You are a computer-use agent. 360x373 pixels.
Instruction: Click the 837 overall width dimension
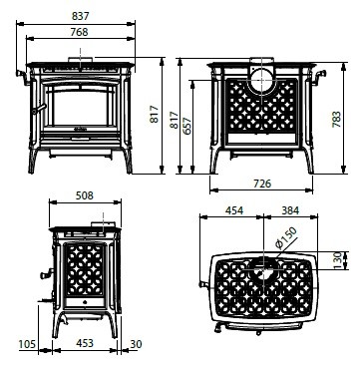[81, 16]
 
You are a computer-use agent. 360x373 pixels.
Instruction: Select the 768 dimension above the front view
[80, 32]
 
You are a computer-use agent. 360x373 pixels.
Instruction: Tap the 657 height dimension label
[187, 126]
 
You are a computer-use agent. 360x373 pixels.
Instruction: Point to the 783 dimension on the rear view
[336, 119]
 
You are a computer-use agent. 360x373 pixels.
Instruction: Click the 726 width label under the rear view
[262, 184]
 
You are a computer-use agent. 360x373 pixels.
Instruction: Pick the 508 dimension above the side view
[85, 195]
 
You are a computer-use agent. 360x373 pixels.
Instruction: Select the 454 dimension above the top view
[234, 210]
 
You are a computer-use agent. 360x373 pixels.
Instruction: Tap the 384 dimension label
[290, 210]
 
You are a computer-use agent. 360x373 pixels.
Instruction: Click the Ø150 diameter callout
[285, 238]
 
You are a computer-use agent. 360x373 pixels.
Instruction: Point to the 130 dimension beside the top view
[337, 260]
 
